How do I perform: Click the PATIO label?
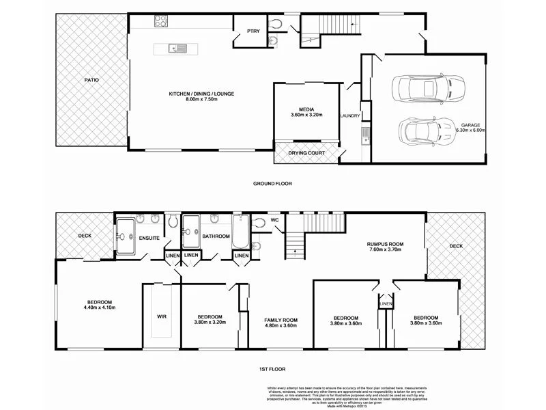91,80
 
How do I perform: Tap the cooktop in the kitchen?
161,23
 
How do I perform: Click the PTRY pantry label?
243,31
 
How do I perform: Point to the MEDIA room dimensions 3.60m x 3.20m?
306,115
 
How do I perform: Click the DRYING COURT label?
306,153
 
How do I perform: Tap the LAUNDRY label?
349,116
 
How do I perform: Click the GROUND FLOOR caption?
272,184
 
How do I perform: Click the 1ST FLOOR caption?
272,368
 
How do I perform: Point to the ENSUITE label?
149,238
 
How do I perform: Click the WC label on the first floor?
274,220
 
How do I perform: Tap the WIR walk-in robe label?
162,317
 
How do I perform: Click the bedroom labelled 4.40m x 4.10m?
99,305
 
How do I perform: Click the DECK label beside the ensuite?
85,236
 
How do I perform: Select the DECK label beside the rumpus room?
456,246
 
